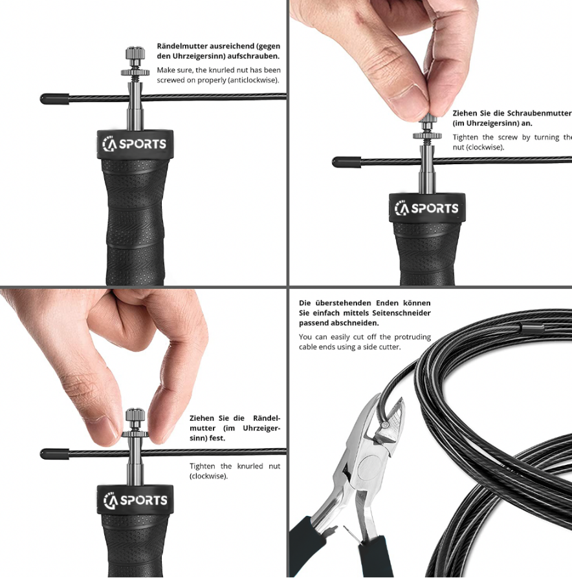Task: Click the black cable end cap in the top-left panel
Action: tap(54, 99)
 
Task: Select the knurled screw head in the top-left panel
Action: tap(135, 54)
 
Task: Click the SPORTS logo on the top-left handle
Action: tap(134, 144)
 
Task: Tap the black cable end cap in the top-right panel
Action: tap(347, 162)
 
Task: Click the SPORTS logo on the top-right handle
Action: tap(426, 208)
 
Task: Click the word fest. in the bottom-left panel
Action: tap(217, 438)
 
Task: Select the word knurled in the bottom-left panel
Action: tap(250, 466)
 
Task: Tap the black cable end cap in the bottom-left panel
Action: tap(54, 454)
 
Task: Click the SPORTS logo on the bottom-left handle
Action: tap(135, 500)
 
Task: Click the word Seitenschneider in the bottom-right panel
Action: tap(402, 314)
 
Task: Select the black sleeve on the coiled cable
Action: tap(532, 328)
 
